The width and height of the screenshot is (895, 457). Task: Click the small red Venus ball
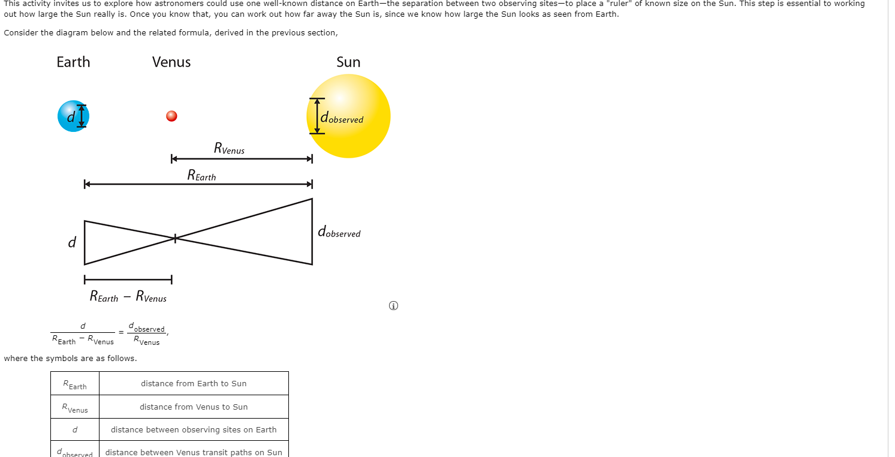click(171, 116)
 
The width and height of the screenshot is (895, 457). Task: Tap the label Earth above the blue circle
click(73, 62)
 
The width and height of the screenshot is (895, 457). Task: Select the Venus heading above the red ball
click(171, 62)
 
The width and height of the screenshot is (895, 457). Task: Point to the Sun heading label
click(348, 62)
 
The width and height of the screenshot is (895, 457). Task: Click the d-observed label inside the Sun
click(342, 118)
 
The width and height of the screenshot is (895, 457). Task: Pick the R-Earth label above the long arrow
click(201, 175)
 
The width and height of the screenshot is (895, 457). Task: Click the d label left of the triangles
click(72, 242)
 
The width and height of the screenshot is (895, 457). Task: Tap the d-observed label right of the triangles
click(339, 232)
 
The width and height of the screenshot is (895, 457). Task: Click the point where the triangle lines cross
click(175, 239)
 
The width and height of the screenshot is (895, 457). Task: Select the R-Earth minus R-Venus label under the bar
click(128, 296)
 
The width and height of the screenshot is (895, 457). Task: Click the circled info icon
click(393, 306)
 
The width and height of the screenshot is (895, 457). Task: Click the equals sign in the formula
click(121, 332)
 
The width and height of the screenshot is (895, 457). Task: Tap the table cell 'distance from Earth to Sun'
click(194, 384)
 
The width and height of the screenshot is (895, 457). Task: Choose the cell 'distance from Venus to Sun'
click(194, 407)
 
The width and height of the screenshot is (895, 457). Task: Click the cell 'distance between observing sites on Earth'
click(194, 429)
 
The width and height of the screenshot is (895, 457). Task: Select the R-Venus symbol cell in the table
click(75, 408)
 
